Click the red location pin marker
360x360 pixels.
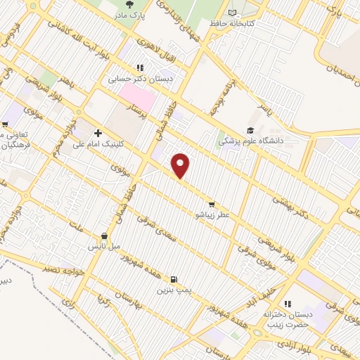[x=181, y=165]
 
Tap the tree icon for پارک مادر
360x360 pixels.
[x=127, y=4]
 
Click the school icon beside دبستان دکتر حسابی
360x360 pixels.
[x=140, y=68]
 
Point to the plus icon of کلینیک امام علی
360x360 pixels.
[x=98, y=133]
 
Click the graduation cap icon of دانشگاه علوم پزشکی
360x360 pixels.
[x=250, y=130]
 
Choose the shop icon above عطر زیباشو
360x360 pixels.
[x=212, y=204]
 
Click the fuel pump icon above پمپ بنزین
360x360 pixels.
[x=174, y=278]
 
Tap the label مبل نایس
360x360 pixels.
[x=103, y=247]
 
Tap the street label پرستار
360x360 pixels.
[x=141, y=112]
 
